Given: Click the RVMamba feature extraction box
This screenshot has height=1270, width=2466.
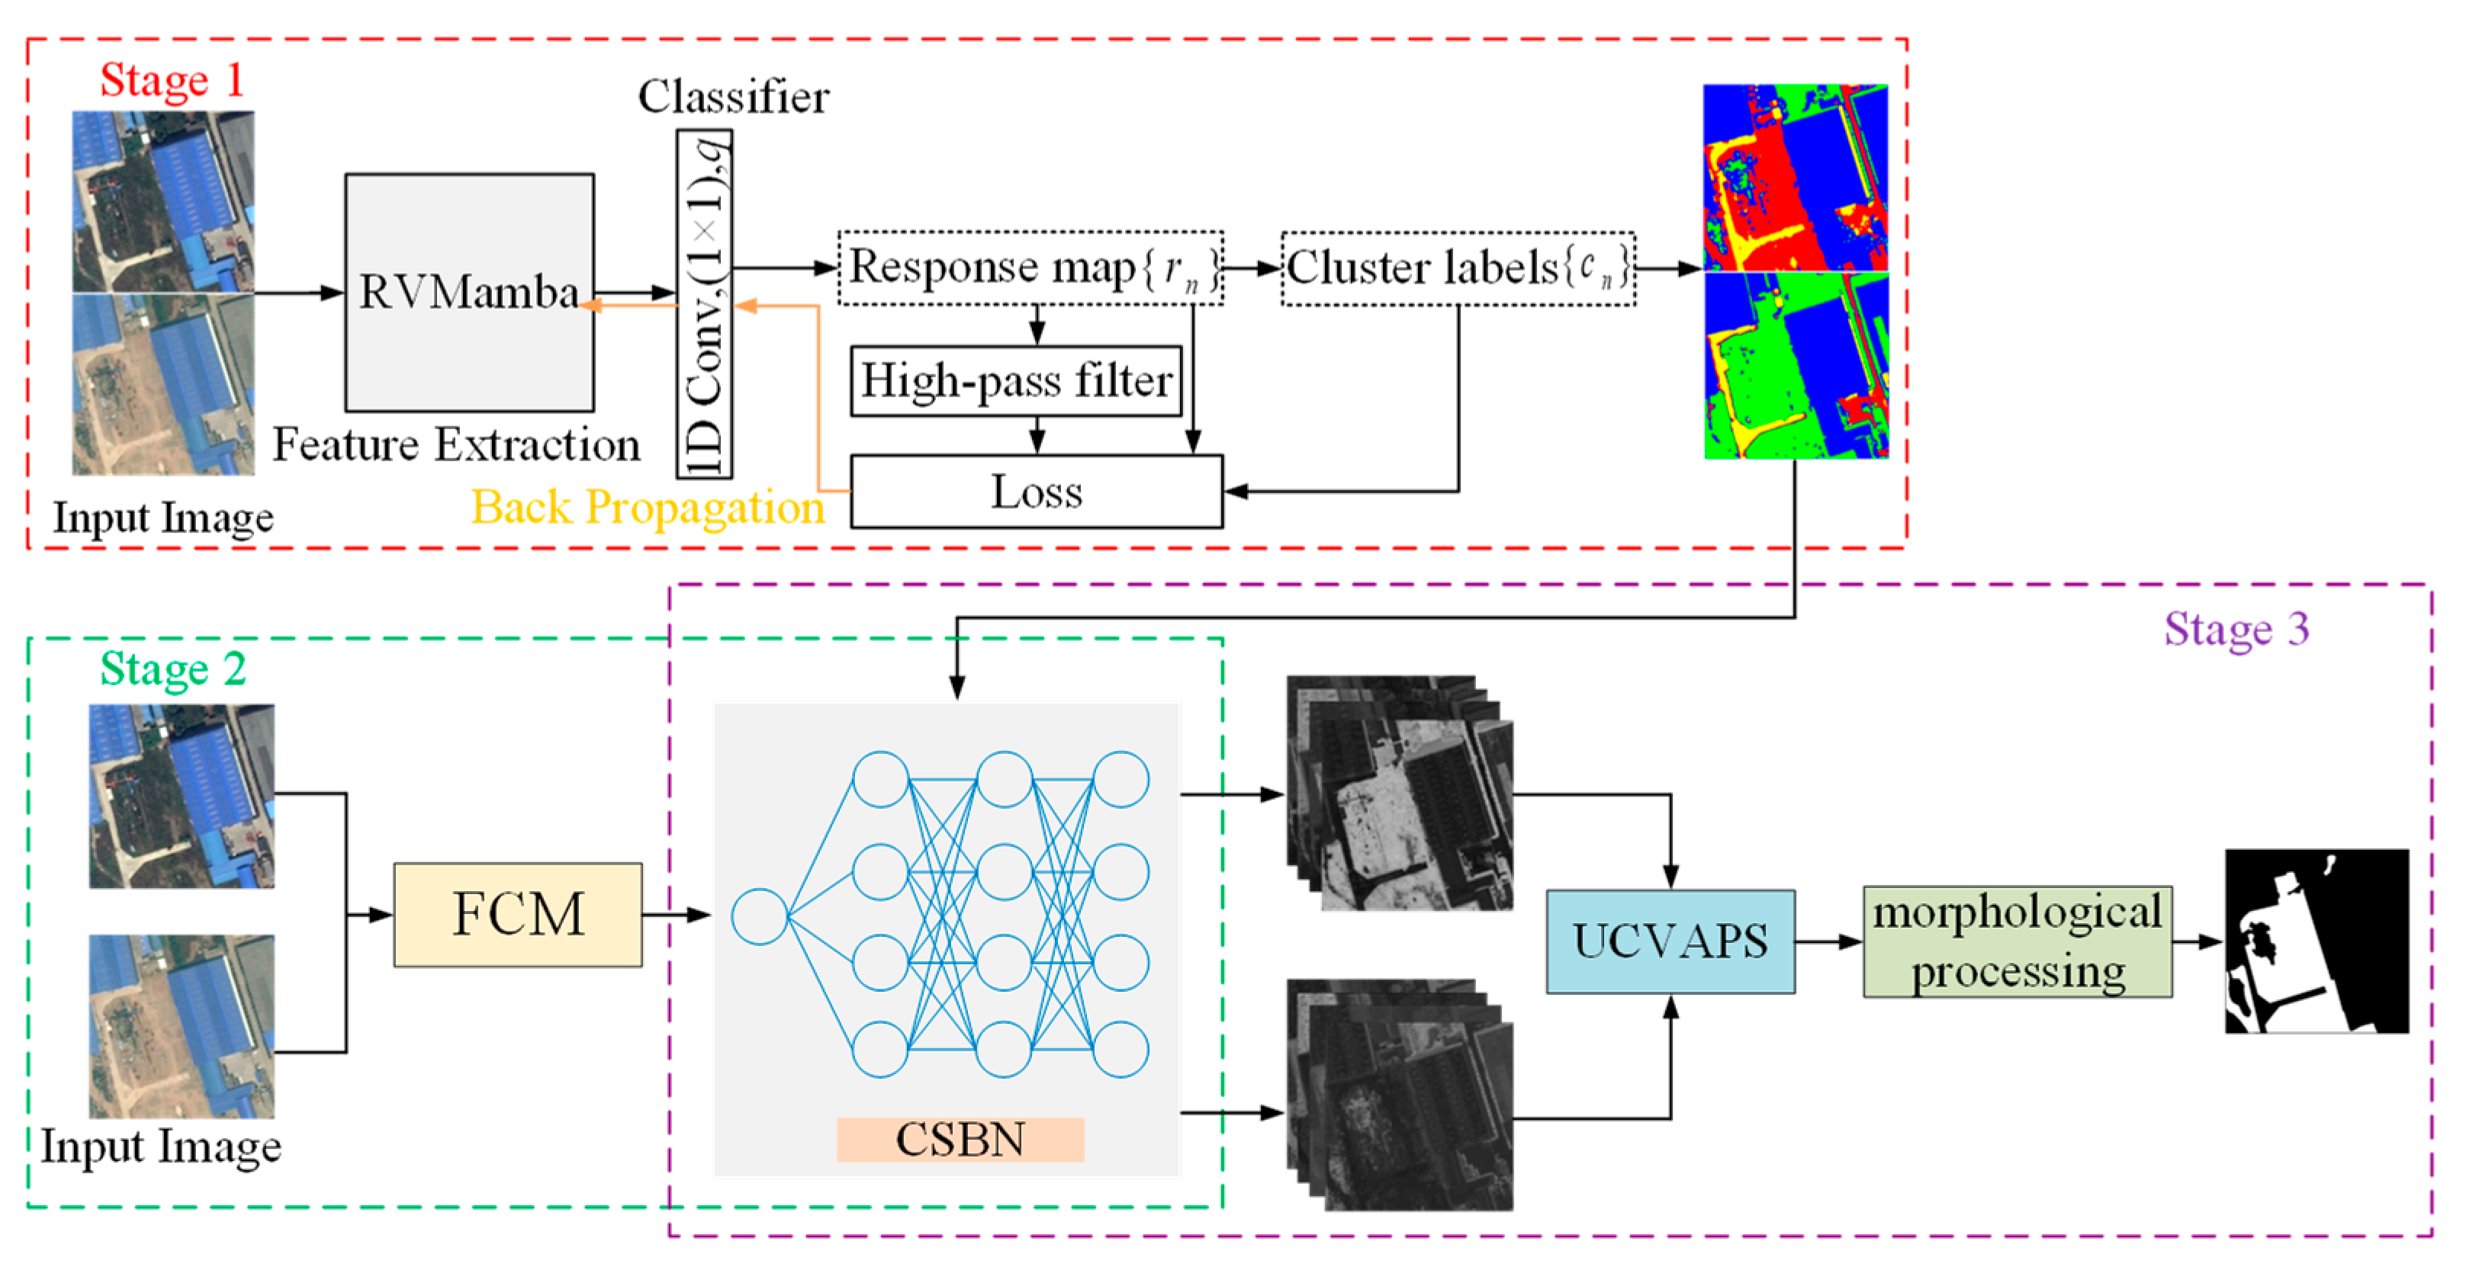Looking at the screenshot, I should [x=469, y=292].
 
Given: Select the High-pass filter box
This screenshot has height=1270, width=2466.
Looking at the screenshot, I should [x=1016, y=381].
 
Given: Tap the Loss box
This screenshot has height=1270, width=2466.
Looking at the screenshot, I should [x=1036, y=492].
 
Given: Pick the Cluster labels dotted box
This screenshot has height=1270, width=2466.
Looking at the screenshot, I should [x=1458, y=269].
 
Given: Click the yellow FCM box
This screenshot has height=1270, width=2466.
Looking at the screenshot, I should [x=518, y=914].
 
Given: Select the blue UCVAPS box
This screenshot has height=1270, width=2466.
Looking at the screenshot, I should [x=1670, y=941].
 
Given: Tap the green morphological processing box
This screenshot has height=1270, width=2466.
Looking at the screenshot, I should [x=2017, y=941].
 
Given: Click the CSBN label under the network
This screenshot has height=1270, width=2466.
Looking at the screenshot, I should [x=960, y=1139].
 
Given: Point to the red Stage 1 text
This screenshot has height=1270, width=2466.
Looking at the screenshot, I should [x=172, y=80].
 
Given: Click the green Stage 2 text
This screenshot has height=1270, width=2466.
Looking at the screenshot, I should [x=173, y=668].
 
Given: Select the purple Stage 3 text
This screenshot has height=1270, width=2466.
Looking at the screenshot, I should [x=2236, y=630].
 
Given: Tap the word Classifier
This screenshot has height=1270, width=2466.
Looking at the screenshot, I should [x=733, y=97].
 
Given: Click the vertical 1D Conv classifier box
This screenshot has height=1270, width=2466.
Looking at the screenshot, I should [x=705, y=304].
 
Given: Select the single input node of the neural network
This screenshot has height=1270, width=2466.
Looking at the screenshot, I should [x=759, y=916].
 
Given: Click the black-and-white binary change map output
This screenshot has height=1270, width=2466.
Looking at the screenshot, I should [x=2316, y=941].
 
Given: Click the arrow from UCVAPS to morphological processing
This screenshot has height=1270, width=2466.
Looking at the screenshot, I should [x=1828, y=941].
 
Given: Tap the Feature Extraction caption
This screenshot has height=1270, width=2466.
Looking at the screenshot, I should [x=457, y=445].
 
